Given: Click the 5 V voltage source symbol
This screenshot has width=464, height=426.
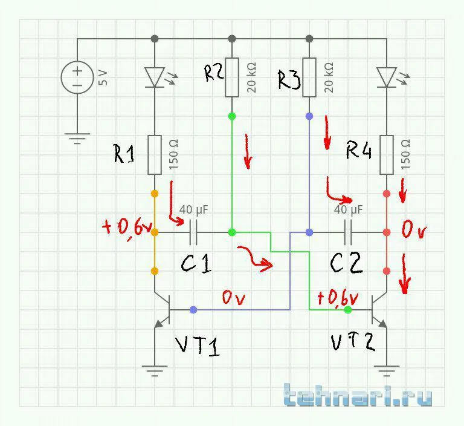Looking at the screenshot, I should tap(77, 77).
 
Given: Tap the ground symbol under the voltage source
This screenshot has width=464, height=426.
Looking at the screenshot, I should tap(77, 139).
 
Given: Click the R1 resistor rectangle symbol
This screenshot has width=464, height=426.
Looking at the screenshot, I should tap(155, 155).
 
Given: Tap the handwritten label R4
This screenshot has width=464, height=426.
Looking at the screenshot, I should tap(359, 149).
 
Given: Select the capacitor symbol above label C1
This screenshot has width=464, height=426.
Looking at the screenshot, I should tap(194, 232).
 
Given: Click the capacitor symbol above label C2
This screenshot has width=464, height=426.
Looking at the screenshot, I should tap(349, 232).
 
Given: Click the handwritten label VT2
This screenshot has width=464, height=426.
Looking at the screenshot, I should tap(353, 342).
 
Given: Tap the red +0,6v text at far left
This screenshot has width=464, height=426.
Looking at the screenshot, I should tap(126, 228).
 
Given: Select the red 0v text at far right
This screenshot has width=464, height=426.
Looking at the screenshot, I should tap(414, 231).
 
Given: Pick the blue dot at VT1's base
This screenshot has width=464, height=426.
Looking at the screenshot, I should tap(193, 309).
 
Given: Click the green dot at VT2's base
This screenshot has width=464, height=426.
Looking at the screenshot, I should tap(348, 309).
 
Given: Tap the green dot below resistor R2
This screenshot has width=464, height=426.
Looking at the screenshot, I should tap(232, 115).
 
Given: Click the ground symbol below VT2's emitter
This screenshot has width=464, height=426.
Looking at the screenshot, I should tap(387, 369).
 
